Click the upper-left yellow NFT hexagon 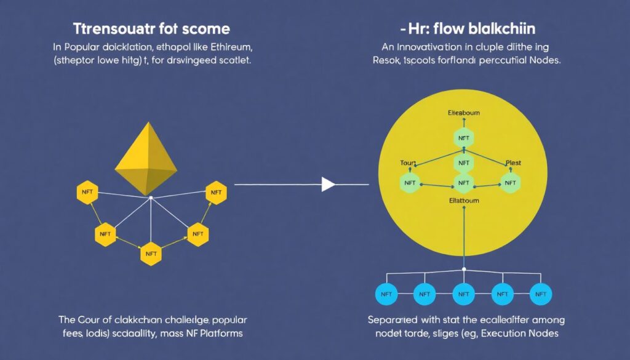[87, 193]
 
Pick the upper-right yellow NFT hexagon [215, 193]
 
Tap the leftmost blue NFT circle [386, 295]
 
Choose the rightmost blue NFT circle [540, 295]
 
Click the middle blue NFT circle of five [463, 295]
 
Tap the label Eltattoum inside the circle [463, 201]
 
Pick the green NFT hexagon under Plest [510, 182]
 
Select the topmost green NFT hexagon [463, 138]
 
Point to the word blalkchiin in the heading [502, 29]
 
